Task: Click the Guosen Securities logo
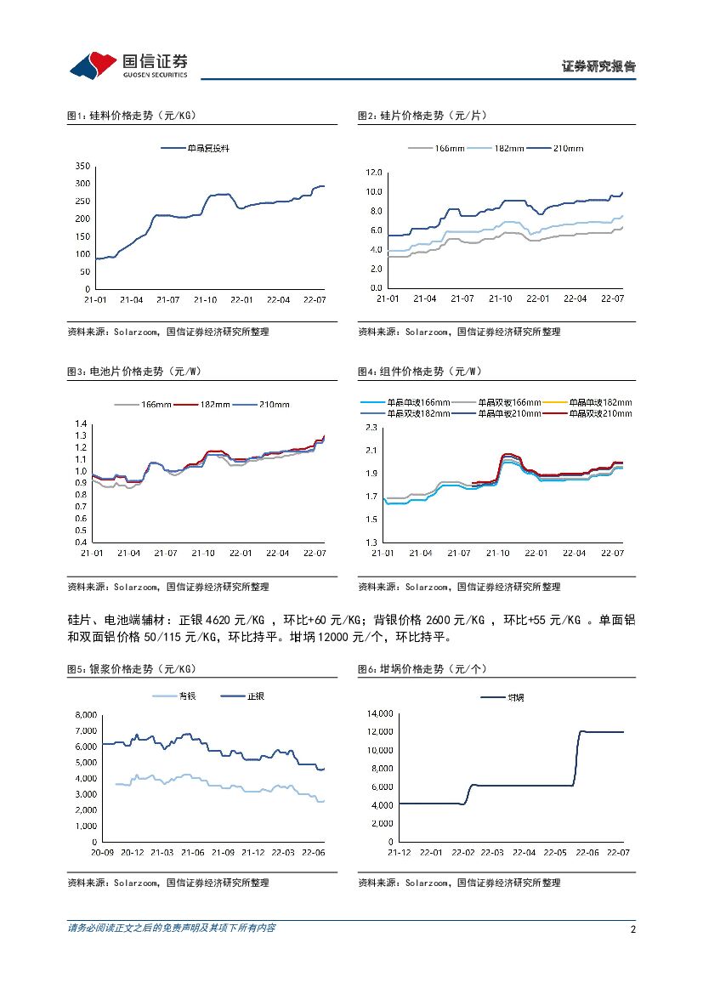click(128, 65)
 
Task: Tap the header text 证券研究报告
click(598, 66)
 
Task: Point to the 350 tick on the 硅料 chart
click(82, 165)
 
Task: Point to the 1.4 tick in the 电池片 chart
click(82, 423)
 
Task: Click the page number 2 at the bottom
click(632, 929)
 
